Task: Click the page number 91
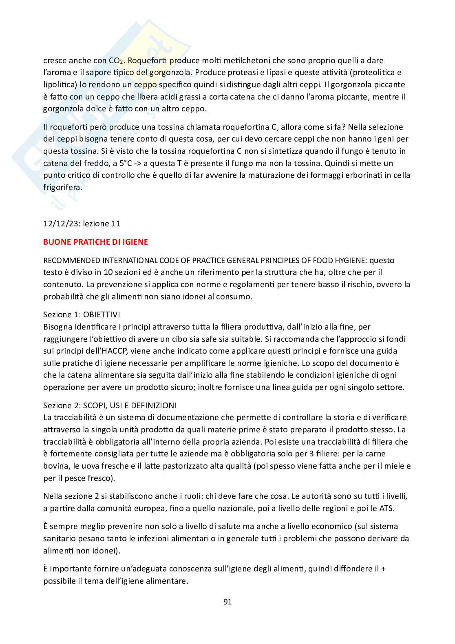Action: [x=227, y=602]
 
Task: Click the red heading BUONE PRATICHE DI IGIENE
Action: [x=95, y=242]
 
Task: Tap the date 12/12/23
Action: [x=59, y=224]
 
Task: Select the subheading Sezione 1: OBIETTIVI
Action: [x=82, y=314]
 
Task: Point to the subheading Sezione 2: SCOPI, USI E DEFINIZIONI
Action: [x=110, y=405]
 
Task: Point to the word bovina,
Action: [x=55, y=466]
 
